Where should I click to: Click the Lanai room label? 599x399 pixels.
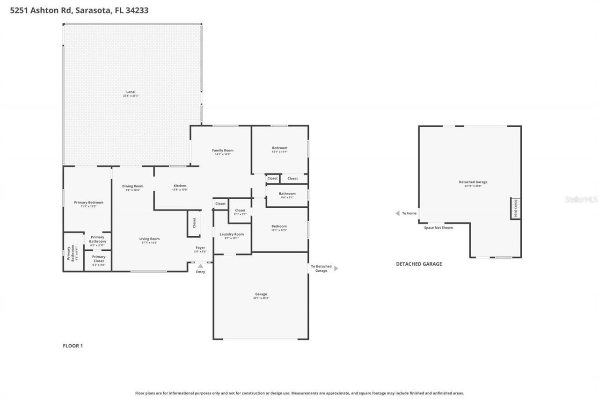131,92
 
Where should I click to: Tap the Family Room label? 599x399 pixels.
222,150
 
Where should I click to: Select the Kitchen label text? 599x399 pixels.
180,186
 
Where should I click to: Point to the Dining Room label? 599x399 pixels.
133,186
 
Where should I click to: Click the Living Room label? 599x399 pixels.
149,239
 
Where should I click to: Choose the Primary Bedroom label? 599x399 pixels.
88,203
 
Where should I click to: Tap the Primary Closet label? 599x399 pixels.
98,257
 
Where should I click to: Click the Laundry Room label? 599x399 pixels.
232,234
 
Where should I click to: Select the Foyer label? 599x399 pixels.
200,247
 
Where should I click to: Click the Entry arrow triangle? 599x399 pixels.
200,266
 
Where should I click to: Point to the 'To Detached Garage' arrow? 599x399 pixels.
336,268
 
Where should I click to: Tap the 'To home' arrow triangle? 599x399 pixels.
397,213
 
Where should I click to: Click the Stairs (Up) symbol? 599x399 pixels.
515,208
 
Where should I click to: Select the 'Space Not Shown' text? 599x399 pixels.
438,228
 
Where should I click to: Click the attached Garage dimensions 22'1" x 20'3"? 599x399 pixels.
261,298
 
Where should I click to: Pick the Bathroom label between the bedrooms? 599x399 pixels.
287,194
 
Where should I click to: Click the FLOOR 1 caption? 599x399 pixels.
73,346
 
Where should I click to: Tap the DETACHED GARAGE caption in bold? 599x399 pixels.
419,264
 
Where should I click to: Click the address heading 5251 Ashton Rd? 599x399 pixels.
79,10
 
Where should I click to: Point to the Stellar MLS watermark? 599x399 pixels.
581,199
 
